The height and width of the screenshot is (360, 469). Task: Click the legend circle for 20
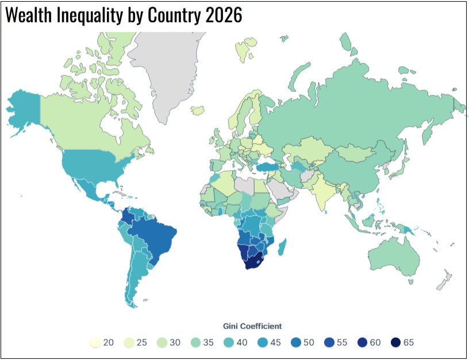tap(95, 343)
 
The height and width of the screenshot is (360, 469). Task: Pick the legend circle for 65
tap(395, 343)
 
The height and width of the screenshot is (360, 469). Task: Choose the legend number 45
tap(276, 343)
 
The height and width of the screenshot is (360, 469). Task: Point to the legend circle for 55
tap(329, 343)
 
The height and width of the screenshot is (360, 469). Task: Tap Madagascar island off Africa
tap(282, 247)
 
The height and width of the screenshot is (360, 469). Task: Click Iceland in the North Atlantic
tap(199, 109)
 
